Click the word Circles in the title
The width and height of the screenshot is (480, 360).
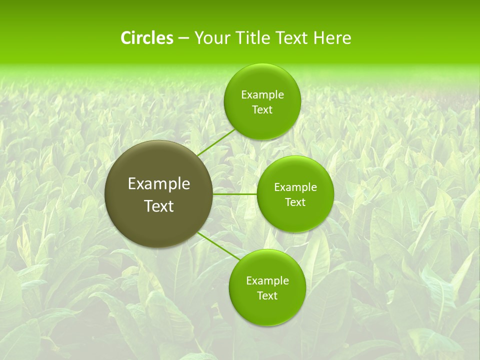pyautogui.click(x=147, y=38)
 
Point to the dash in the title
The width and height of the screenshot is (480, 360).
pyautogui.click(x=183, y=38)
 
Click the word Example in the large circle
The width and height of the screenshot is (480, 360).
pyautogui.click(x=159, y=184)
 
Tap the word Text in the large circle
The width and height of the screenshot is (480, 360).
pyautogui.click(x=159, y=206)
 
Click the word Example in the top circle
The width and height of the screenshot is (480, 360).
pyautogui.click(x=262, y=94)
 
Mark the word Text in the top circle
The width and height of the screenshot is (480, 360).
pyautogui.click(x=262, y=109)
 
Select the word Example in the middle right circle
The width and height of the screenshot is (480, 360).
pyautogui.click(x=295, y=187)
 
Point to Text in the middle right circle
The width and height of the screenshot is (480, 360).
pyautogui.click(x=295, y=202)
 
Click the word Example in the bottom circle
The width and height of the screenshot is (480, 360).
pyautogui.click(x=267, y=280)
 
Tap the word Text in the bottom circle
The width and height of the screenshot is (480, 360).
pyautogui.click(x=267, y=295)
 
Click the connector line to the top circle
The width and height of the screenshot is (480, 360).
pyautogui.click(x=216, y=142)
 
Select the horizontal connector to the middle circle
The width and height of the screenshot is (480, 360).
pyautogui.click(x=234, y=193)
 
